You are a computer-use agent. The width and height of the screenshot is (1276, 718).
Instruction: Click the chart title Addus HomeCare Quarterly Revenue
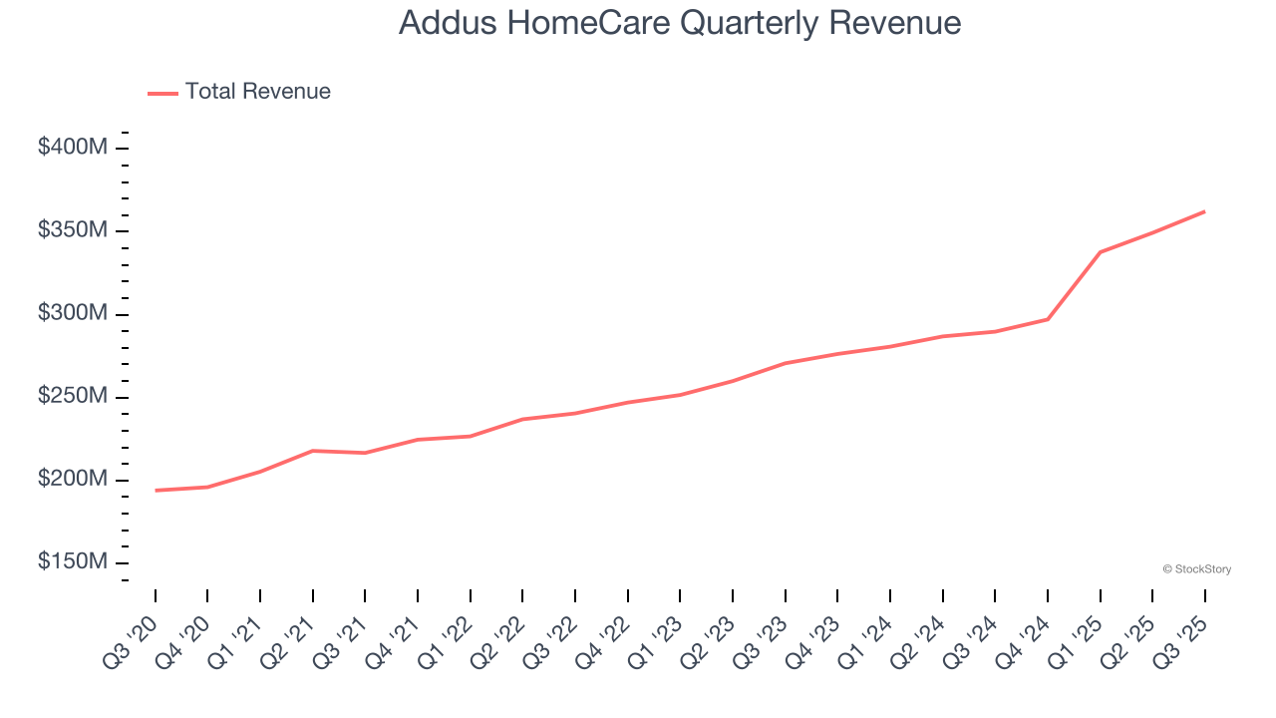[x=680, y=23]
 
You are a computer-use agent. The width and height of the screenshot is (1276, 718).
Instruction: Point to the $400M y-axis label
[x=73, y=148]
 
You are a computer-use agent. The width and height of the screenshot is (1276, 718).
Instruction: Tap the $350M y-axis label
[x=73, y=230]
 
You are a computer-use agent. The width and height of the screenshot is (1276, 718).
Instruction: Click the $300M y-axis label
[x=73, y=313]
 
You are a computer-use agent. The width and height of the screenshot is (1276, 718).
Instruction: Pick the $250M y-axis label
[x=73, y=396]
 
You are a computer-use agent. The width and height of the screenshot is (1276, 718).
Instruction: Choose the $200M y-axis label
[x=73, y=479]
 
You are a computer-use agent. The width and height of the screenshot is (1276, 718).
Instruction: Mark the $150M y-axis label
[x=73, y=561]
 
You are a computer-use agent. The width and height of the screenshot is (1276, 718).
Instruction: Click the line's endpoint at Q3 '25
[x=1204, y=211]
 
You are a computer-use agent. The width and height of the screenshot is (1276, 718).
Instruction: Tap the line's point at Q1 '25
[x=1100, y=252]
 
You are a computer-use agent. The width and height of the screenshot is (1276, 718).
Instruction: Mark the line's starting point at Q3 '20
[x=156, y=490]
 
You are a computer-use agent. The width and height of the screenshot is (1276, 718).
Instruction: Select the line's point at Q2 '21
[x=313, y=451]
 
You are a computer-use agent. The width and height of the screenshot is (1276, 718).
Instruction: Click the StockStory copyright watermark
[x=1197, y=569]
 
